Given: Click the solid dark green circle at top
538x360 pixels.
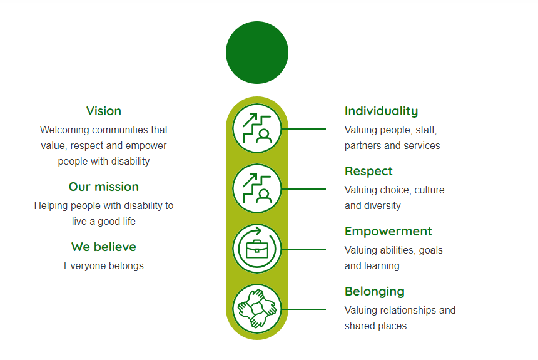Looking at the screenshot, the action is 257,53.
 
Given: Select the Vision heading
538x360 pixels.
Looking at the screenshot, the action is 104,111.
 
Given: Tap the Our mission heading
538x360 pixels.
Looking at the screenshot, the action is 104,187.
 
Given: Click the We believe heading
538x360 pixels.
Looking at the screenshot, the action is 104,247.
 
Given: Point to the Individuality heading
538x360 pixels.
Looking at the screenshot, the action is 381,111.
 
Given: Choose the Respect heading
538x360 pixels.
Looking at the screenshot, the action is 368,172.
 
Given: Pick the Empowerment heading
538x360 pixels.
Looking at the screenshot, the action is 388,232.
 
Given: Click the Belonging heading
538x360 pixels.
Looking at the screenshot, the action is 375,292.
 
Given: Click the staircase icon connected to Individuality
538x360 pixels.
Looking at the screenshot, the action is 257,128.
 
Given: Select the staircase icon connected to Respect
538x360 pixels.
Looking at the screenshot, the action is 257,188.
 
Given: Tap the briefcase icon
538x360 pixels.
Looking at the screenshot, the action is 257,249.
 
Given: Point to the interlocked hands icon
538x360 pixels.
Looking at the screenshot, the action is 257,309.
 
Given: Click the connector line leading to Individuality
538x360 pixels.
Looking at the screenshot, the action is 303,129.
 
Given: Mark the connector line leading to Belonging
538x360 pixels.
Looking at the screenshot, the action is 303,309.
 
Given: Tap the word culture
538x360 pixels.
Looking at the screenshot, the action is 429,190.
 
